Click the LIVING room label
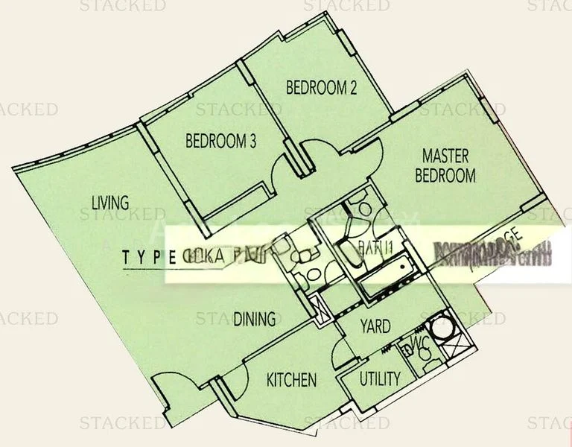tap(110, 201)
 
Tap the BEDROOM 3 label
tap(221, 140)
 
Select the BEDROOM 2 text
tap(322, 88)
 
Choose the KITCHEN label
tap(291, 380)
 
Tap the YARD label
tap(376, 326)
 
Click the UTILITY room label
tap(380, 378)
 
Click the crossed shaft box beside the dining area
tap(322, 307)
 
